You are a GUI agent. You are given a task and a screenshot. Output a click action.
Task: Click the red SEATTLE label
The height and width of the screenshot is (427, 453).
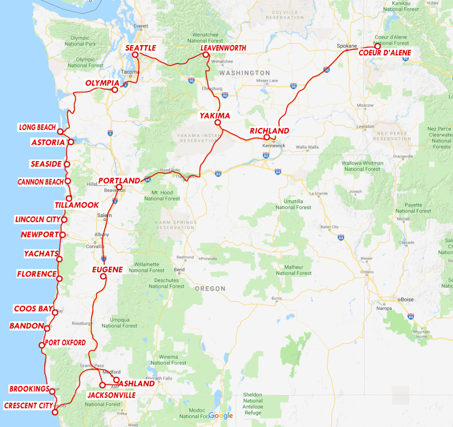tap(141, 48)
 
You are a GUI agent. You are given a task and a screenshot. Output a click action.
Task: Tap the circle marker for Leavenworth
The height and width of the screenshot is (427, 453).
tap(206, 55)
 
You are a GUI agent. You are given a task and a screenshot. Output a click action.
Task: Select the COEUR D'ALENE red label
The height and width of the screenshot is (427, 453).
tap(384, 53)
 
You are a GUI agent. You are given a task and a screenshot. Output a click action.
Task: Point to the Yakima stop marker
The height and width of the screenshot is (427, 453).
tap(217, 122)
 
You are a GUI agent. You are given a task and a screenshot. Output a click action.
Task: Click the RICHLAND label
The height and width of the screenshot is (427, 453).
tap(269, 131)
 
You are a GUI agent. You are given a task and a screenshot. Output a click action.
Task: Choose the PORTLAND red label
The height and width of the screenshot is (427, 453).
tap(119, 181)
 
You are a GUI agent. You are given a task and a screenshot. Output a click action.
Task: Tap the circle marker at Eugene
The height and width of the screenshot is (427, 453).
tap(103, 277)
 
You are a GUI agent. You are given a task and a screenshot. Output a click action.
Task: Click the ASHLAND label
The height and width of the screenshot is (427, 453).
tap(136, 384)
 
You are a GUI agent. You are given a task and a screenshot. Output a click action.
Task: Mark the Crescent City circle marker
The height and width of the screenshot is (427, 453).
tap(55, 412)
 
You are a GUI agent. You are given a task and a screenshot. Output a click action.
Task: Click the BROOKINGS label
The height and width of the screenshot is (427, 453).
tap(29, 389)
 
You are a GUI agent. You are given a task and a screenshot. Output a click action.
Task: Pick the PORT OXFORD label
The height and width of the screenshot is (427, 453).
tap(65, 343)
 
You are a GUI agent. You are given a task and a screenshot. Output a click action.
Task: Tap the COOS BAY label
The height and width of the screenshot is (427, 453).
tap(34, 309)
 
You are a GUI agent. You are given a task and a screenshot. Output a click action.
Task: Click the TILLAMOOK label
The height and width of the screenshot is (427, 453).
tap(77, 205)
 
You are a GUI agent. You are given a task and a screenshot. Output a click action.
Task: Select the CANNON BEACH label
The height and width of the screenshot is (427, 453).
tap(40, 182)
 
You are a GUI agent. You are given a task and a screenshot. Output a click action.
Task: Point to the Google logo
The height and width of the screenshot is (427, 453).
tap(221, 415)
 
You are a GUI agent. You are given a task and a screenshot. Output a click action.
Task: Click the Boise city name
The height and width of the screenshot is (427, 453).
tap(407, 300)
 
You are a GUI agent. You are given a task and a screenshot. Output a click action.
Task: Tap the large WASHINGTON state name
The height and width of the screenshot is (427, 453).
tap(245, 73)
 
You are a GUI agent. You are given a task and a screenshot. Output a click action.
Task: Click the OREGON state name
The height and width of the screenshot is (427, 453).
tap(210, 289)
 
